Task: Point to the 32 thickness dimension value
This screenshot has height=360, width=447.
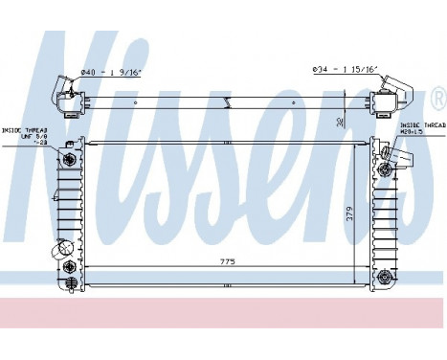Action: [x=342, y=121]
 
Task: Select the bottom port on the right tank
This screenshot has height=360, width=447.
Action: [x=385, y=277]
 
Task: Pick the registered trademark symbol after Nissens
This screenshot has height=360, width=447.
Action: [x=438, y=97]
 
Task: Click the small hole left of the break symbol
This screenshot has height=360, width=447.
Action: [x=136, y=101]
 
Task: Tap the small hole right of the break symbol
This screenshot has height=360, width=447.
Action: [x=316, y=101]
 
